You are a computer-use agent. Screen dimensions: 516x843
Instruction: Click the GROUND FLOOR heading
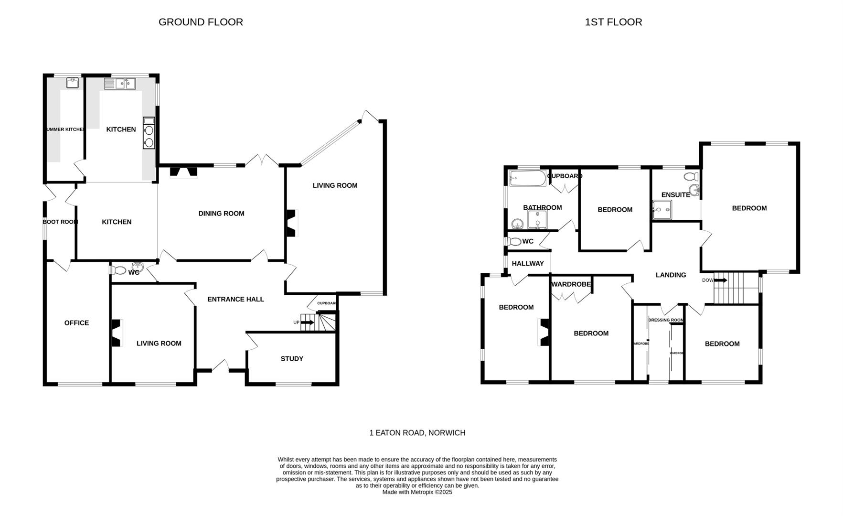click(201, 22)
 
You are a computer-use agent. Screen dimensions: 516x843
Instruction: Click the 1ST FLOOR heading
click(613, 22)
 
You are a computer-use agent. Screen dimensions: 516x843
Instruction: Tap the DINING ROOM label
click(221, 214)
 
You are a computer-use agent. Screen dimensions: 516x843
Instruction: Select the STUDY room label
click(292, 359)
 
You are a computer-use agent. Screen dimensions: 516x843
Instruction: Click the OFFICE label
click(76, 323)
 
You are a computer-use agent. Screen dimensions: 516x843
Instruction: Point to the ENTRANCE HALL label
click(235, 299)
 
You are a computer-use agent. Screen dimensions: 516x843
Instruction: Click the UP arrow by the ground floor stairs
click(308, 322)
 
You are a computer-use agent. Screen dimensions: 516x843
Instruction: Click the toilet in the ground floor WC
click(119, 271)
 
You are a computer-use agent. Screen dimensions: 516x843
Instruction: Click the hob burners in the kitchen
click(149, 136)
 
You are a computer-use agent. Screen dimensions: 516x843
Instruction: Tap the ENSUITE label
click(675, 195)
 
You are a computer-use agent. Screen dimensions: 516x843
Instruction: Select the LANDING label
click(671, 275)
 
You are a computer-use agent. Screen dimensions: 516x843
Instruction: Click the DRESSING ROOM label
click(666, 320)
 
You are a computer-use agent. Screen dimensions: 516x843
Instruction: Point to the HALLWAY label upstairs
click(528, 264)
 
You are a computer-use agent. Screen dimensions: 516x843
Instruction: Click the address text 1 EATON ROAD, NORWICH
click(417, 433)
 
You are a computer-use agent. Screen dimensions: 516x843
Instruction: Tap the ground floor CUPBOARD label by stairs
click(327, 303)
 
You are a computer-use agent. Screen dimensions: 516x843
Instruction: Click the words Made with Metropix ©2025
click(417, 492)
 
